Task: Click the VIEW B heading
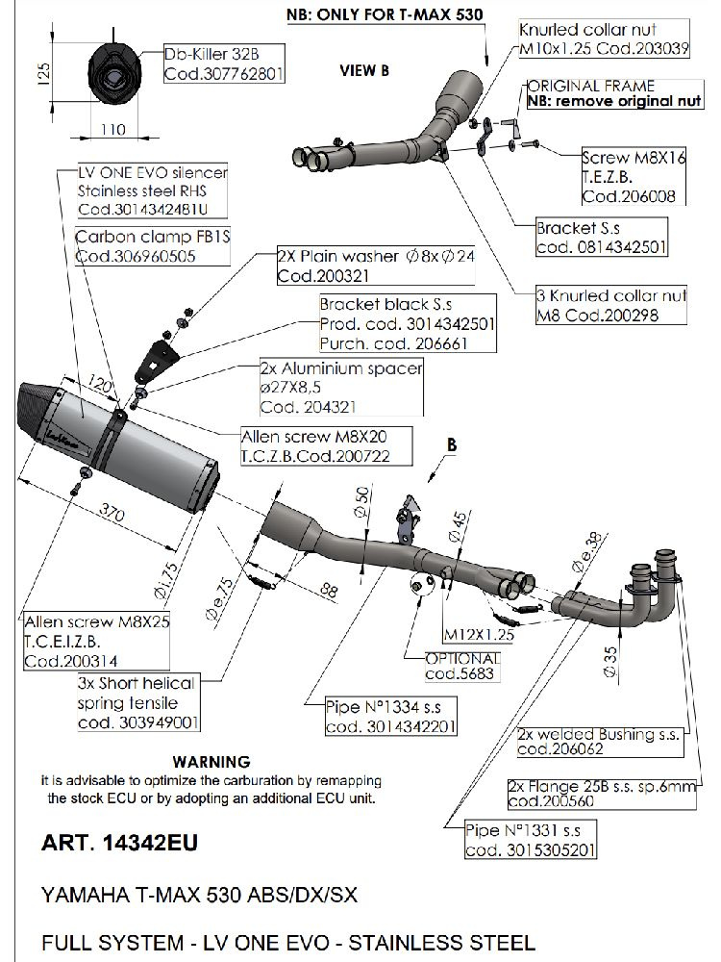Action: click(364, 70)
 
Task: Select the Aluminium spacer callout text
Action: click(340, 387)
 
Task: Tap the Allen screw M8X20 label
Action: click(313, 444)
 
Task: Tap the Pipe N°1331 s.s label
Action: click(528, 839)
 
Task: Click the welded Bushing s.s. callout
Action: click(599, 741)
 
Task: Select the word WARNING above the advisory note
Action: click(211, 761)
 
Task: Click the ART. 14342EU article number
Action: click(120, 844)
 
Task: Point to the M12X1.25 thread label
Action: click(478, 635)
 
